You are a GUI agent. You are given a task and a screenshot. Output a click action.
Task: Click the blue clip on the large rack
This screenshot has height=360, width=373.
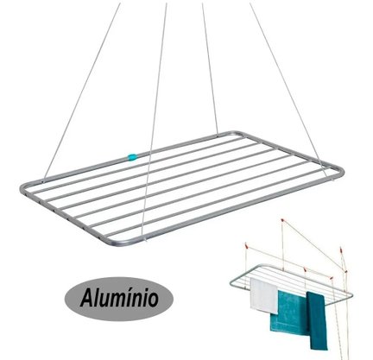pos(132,157)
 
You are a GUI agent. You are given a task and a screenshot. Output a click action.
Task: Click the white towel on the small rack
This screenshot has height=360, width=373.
pos(263,295)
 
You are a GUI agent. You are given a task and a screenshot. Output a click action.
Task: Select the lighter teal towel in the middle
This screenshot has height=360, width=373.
pos(289,313)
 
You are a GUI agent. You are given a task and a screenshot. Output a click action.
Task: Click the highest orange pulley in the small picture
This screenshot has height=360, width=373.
pos(282,221)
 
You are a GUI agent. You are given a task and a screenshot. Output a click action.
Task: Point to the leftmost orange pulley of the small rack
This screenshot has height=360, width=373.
pos(246,245)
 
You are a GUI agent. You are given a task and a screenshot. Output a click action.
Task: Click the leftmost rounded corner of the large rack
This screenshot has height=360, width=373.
pos(22,188)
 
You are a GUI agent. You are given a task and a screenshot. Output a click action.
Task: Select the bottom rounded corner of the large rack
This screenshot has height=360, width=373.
pos(115,241)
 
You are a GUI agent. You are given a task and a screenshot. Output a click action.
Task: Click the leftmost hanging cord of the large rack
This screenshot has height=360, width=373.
pos(82,92)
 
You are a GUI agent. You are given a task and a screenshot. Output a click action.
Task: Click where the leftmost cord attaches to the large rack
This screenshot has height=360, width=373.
pos(44,180)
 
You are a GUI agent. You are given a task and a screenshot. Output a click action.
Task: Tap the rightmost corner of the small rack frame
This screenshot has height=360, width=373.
pos(351,295)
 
